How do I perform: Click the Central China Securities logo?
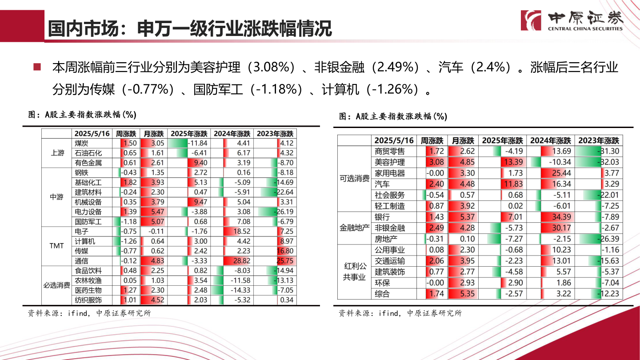[572, 20]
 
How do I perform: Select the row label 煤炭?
[82, 143]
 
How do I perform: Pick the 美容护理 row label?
[390, 162]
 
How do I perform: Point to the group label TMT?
[57, 246]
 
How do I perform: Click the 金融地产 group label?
[355, 228]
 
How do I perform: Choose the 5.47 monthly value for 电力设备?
[153, 212]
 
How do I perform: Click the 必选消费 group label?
[57, 285]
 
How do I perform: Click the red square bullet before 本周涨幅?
[37, 68]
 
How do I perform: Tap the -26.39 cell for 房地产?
[599, 239]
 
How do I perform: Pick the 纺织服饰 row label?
[88, 300]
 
